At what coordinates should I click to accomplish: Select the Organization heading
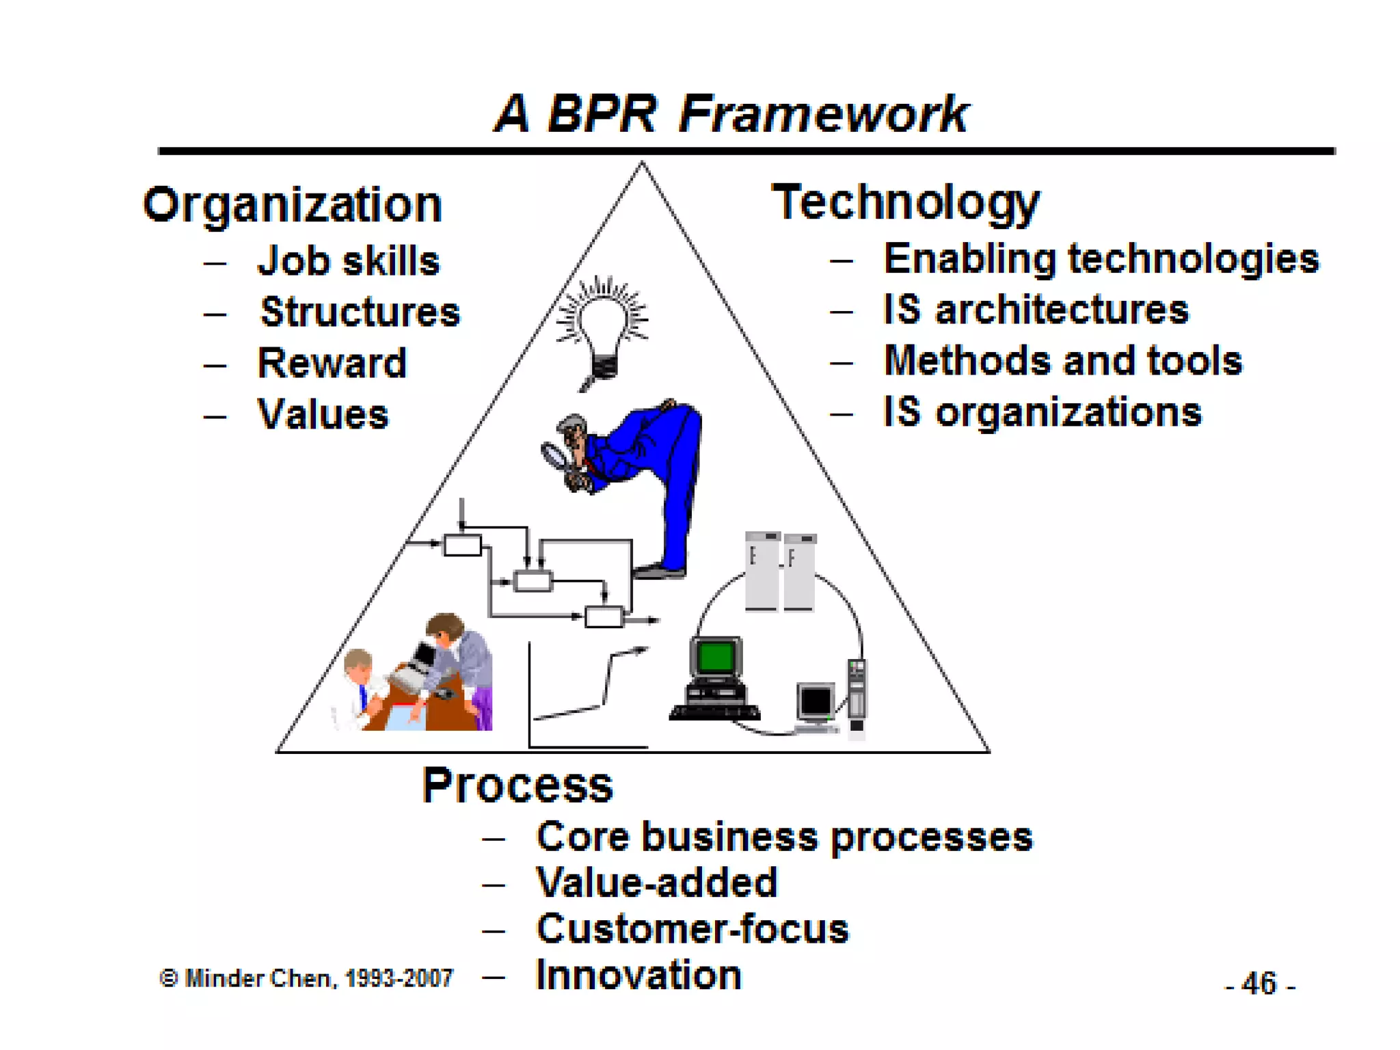tap(293, 204)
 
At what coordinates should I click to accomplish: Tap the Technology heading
tap(905, 202)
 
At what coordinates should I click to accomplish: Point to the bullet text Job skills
tap(349, 261)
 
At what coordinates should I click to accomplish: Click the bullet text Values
tap(323, 414)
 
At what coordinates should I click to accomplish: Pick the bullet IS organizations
tap(1042, 412)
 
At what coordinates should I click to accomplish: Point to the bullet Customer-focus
tap(692, 929)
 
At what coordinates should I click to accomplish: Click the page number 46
tap(1259, 984)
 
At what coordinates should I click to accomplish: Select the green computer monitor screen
tap(716, 657)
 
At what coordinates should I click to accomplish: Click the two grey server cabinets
tap(780, 571)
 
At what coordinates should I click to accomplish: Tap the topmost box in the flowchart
tap(462, 546)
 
